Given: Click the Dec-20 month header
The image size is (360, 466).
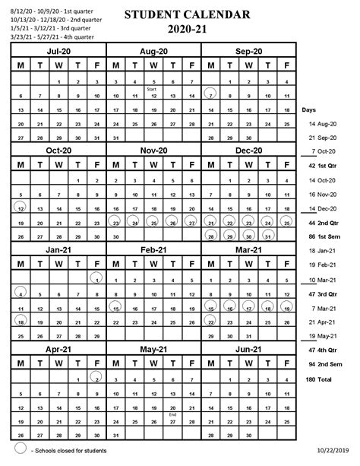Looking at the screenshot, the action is click(248, 151).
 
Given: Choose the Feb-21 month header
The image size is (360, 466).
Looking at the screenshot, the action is click(153, 250).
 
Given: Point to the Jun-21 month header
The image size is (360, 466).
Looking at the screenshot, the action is click(248, 349).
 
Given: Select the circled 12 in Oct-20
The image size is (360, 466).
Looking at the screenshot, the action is click(21, 208).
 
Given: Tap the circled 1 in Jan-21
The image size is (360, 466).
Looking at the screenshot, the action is click(96, 277).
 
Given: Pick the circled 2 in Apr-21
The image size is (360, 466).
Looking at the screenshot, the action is click(96, 376).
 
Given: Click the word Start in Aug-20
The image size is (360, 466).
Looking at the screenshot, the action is click(153, 90).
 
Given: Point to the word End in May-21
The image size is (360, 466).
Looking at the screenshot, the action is click(172, 414).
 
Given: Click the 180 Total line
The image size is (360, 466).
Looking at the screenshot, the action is click(321, 378).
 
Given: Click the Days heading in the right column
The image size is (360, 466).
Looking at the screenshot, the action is click(310, 109).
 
